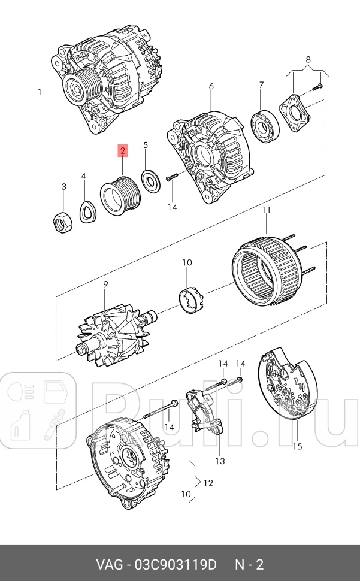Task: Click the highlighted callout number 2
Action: pyautogui.click(x=122, y=151)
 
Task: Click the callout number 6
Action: pyautogui.click(x=211, y=87)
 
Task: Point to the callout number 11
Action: pyautogui.click(x=266, y=210)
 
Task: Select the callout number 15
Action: pyautogui.click(x=298, y=446)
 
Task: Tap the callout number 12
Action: pyautogui.click(x=208, y=482)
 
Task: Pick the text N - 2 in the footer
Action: pyautogui.click(x=249, y=564)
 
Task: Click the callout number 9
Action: pyautogui.click(x=105, y=284)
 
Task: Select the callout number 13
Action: pyautogui.click(x=220, y=461)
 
